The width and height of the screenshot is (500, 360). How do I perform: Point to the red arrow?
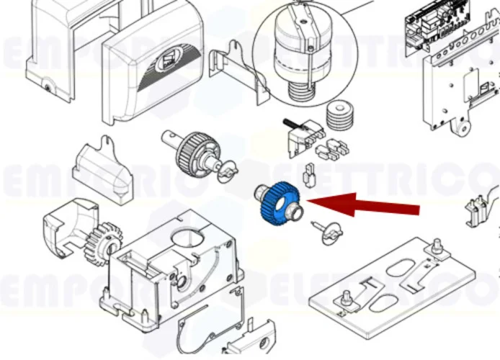click(x=367, y=204)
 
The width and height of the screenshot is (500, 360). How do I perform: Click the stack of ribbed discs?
click(x=337, y=114)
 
